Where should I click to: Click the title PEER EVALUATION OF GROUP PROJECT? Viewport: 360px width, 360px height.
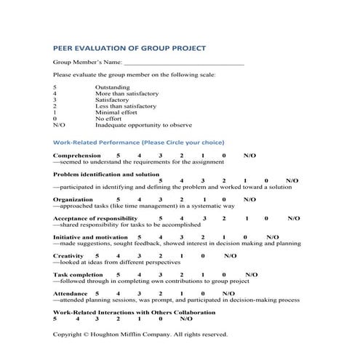pos(129,48)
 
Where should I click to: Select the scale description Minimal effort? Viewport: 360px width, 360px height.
pos(116,113)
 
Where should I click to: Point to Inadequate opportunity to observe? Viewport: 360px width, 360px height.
pos(143,125)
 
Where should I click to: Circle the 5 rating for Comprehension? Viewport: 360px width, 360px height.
pos(119,156)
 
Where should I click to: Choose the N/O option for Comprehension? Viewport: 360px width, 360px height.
pos(249,156)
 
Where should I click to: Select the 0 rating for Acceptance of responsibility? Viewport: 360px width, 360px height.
pos(267,217)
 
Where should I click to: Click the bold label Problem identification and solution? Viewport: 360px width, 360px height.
pos(106,175)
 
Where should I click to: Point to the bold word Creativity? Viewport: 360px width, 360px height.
pos(69,256)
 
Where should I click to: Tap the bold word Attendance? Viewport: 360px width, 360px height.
pos(71,294)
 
